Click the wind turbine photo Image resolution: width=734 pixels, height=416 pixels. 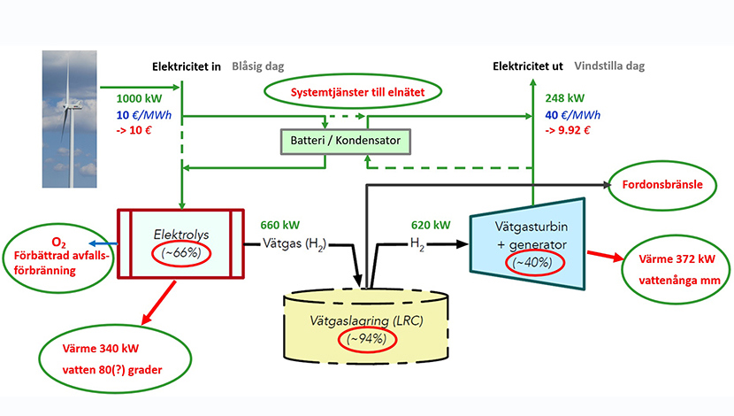(x=69, y=119)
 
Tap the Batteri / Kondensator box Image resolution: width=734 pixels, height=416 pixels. (x=346, y=142)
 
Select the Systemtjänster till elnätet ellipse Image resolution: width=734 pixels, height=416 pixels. (x=353, y=92)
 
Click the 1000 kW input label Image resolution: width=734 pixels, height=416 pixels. (x=139, y=98)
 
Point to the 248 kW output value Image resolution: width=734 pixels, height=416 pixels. (x=564, y=98)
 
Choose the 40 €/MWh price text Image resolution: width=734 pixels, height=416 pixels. (x=572, y=115)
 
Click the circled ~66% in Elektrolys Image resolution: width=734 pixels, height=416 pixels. (x=181, y=253)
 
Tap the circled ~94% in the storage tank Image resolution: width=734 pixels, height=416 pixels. (x=367, y=339)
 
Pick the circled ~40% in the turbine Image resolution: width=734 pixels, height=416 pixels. (x=535, y=262)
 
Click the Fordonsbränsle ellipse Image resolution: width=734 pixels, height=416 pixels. (x=661, y=185)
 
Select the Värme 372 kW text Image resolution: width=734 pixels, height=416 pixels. (x=677, y=259)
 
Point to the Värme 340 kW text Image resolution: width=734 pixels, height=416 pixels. (x=101, y=349)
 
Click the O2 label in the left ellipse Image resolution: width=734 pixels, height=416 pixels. (x=58, y=243)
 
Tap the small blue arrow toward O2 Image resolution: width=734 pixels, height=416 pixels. (x=103, y=243)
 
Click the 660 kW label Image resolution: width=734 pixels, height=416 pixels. (x=280, y=225)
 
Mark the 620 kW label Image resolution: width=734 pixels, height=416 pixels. (x=431, y=225)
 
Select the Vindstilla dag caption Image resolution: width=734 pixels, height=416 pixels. (x=609, y=66)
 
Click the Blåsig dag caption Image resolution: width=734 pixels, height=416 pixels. (x=258, y=66)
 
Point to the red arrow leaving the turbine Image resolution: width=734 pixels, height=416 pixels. (x=606, y=256)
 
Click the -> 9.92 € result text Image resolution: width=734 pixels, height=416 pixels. (x=568, y=130)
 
